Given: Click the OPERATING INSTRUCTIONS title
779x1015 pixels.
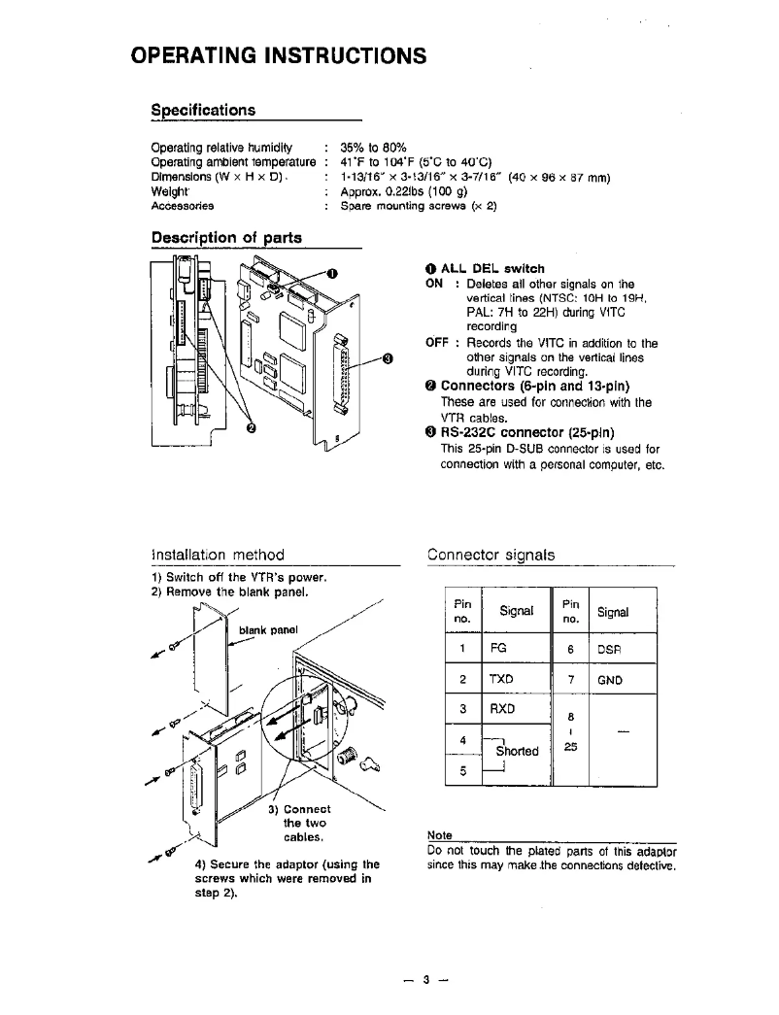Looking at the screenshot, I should point(279,55).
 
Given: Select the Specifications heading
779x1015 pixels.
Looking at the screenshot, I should point(203,110).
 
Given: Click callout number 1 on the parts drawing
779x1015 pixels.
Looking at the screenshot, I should point(332,273).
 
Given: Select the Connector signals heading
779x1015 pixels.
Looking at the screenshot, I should point(491,556).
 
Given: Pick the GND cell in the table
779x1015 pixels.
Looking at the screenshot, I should point(609,680).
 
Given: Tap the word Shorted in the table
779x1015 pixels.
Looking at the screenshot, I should point(517,750).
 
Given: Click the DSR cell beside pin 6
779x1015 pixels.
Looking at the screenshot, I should point(609,649).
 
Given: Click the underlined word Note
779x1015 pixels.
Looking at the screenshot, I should point(439,835).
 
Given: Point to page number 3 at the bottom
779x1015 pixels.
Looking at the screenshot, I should point(424,978).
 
